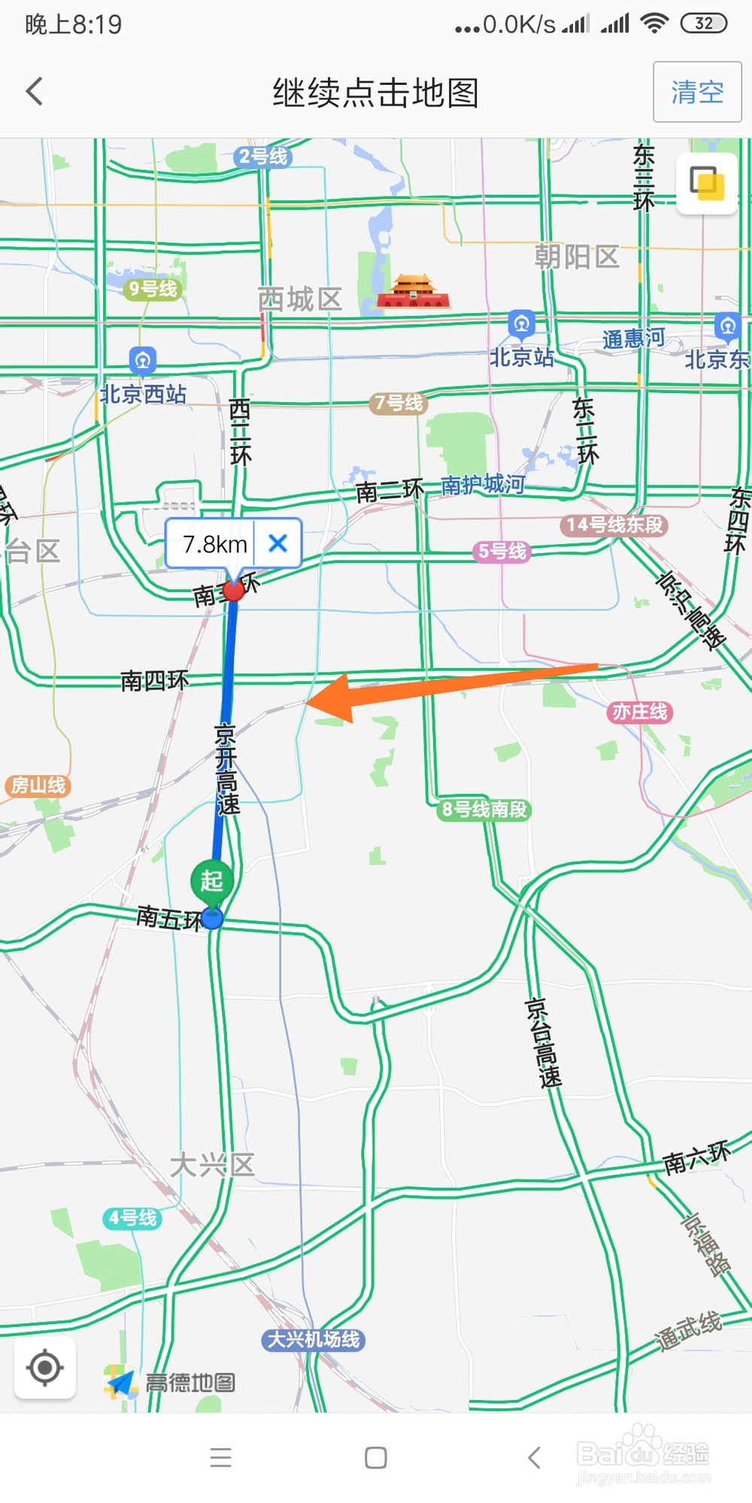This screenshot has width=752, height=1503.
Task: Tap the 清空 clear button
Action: tap(697, 92)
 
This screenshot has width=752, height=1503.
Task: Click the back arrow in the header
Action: tap(35, 92)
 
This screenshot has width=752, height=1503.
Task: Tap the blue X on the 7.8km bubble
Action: tap(277, 543)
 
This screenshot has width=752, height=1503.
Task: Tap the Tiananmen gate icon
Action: tap(412, 292)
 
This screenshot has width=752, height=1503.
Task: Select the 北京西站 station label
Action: tap(143, 394)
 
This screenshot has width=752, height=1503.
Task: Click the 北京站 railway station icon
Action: tap(521, 324)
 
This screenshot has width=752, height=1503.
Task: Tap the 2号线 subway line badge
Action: tap(262, 156)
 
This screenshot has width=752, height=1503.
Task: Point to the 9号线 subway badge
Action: tap(153, 289)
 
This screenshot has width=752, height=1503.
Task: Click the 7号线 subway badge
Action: tap(399, 404)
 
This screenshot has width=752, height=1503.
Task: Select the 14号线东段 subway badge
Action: tap(614, 525)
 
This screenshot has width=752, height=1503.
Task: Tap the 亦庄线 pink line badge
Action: tap(639, 712)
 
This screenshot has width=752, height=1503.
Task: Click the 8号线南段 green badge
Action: tap(484, 809)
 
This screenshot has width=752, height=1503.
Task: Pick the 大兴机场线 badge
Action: tap(314, 1339)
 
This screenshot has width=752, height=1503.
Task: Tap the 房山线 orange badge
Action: tap(38, 785)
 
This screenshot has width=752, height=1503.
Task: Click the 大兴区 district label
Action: tap(212, 1166)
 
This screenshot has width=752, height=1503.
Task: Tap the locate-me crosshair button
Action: tap(44, 1368)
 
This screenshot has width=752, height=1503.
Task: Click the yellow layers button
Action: tap(707, 184)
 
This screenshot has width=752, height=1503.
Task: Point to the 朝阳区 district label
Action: tap(577, 257)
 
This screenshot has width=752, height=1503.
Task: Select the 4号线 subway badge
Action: tap(132, 1217)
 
